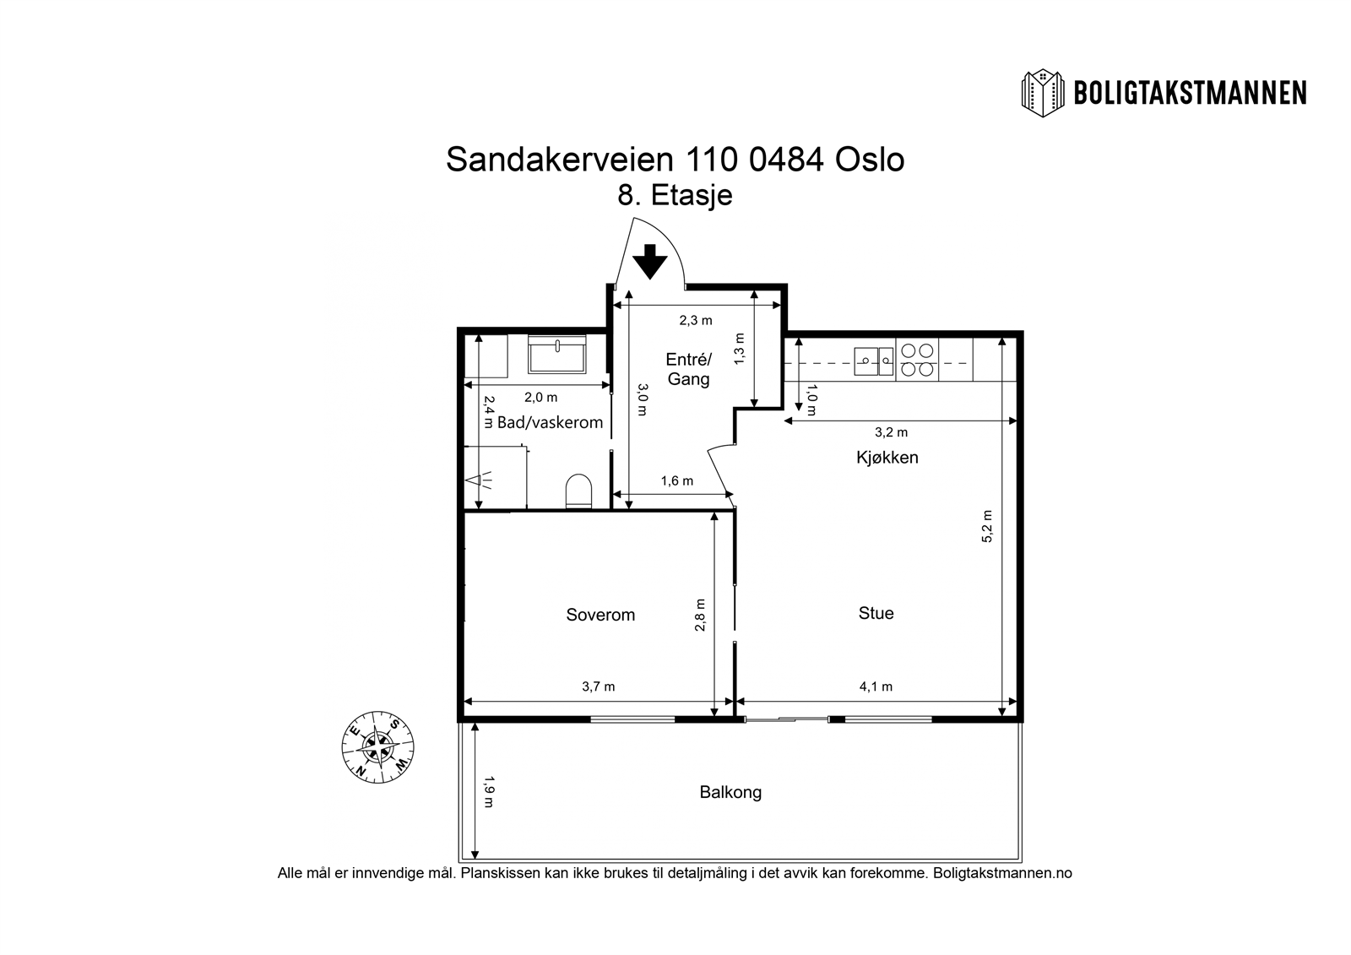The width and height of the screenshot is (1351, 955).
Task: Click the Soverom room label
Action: click(x=600, y=615)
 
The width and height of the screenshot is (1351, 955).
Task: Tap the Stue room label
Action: click(x=876, y=613)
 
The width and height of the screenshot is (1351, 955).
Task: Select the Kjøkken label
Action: click(x=887, y=458)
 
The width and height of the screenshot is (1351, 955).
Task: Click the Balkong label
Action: click(x=730, y=792)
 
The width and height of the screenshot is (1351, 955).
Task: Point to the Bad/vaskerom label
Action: click(x=550, y=422)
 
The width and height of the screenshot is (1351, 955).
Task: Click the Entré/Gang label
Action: click(x=688, y=369)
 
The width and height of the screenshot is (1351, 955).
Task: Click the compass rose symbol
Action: click(x=377, y=745)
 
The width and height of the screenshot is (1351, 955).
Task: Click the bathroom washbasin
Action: click(x=557, y=355)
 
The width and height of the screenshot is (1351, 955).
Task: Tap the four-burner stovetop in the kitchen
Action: click(x=916, y=360)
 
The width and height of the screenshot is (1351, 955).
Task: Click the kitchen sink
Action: click(x=873, y=361)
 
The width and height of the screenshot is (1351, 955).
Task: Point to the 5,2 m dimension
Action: click(x=987, y=526)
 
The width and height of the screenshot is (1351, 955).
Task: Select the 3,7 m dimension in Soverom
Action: click(x=598, y=686)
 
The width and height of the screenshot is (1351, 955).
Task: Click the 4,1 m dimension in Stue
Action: click(x=876, y=686)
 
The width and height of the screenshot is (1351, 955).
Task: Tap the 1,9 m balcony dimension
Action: click(x=488, y=792)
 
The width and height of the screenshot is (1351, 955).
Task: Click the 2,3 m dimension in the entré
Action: click(x=696, y=320)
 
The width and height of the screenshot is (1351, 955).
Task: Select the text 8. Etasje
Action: click(x=675, y=196)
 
